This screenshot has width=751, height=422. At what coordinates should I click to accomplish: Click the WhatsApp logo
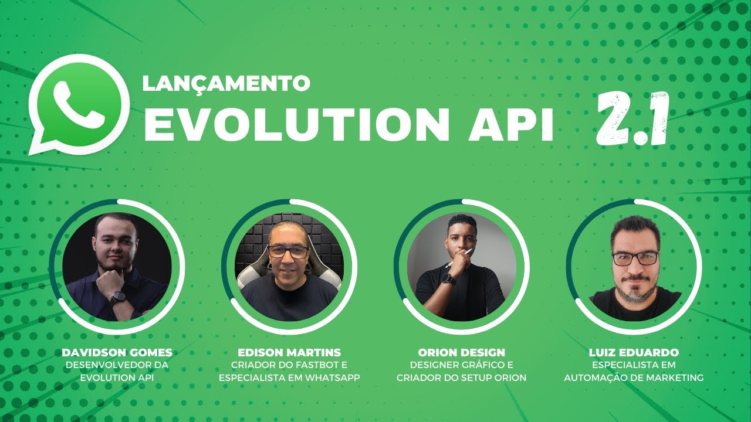pos(79,103)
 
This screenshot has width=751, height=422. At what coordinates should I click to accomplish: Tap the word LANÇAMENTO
pos(226,83)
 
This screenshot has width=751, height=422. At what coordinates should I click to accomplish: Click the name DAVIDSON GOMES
pos(117,353)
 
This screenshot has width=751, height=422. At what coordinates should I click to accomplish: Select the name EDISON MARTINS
pos(289,353)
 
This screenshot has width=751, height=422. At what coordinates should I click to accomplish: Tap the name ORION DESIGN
pos(461,353)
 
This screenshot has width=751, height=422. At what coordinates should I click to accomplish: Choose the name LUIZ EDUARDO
pos(634,353)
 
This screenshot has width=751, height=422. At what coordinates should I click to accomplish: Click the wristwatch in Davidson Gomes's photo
pos(117,298)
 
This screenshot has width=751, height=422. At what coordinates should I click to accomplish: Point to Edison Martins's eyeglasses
pos(289,252)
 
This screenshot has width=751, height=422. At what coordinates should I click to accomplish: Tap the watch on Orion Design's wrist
pos(449,279)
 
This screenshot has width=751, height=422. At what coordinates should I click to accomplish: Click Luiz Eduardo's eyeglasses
pos(635,258)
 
